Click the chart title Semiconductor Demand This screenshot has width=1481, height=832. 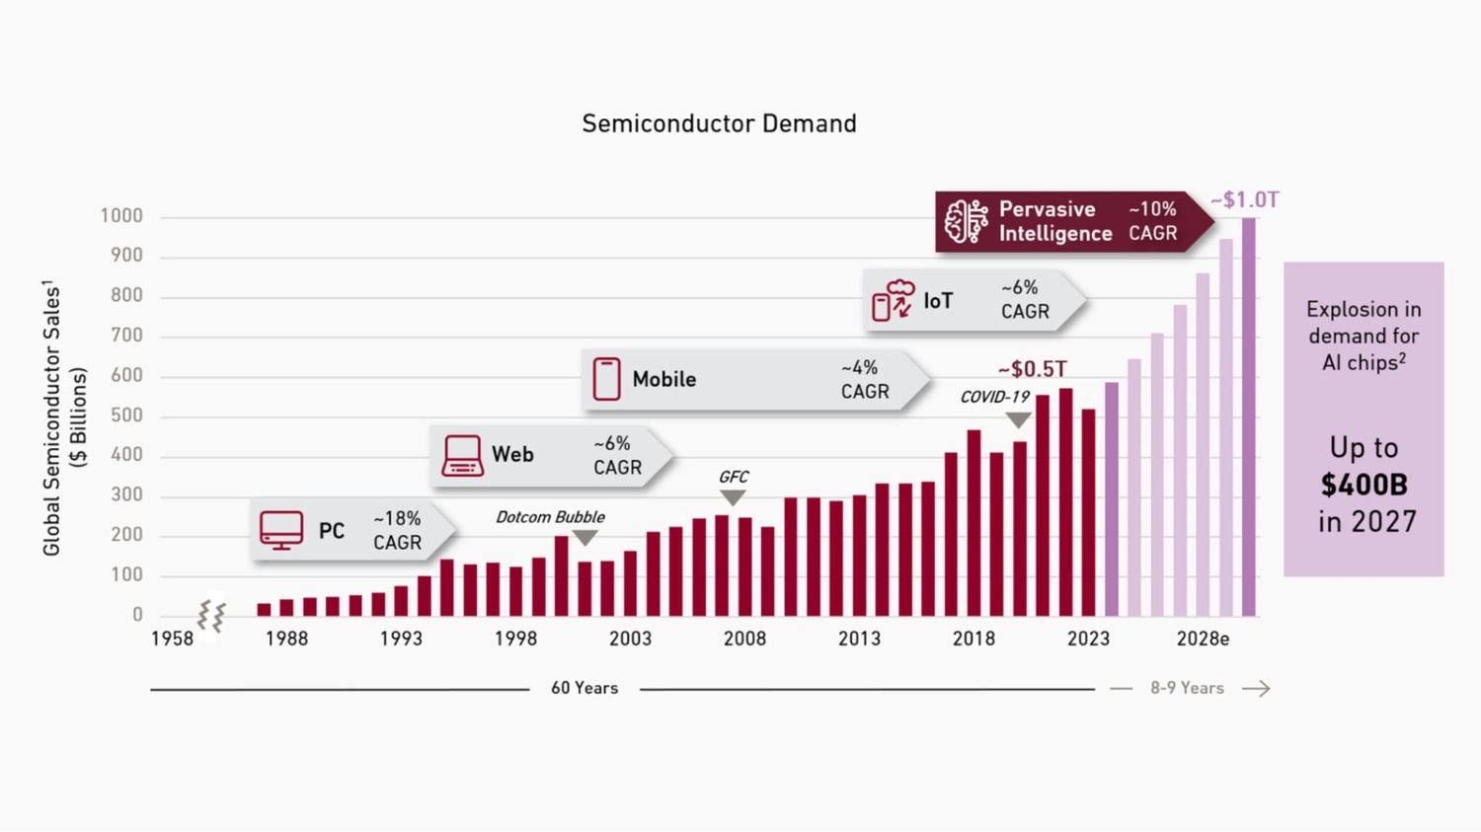(x=719, y=123)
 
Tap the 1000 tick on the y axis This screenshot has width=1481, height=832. (x=121, y=216)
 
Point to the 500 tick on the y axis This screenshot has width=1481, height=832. (x=126, y=416)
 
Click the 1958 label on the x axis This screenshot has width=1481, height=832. (x=172, y=639)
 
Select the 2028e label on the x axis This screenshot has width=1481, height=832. (x=1203, y=639)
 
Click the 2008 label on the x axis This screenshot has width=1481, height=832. (x=744, y=639)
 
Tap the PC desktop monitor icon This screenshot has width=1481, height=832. (x=281, y=530)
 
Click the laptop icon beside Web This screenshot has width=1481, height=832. (x=462, y=455)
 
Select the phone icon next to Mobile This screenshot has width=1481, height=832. (x=606, y=379)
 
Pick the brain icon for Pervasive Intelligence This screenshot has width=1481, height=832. (x=966, y=221)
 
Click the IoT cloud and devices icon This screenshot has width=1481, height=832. (x=893, y=300)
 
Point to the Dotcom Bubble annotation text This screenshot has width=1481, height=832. (x=550, y=517)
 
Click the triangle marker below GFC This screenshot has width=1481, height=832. (x=733, y=497)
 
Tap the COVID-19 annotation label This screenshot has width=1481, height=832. (x=995, y=397)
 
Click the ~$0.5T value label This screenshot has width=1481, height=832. (x=1032, y=369)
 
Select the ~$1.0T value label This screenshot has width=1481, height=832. (x=1244, y=200)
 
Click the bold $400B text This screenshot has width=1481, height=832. (x=1364, y=485)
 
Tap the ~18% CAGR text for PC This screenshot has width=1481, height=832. (x=397, y=530)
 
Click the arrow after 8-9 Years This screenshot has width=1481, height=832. (x=1256, y=689)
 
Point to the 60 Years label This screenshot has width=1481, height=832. (x=585, y=688)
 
